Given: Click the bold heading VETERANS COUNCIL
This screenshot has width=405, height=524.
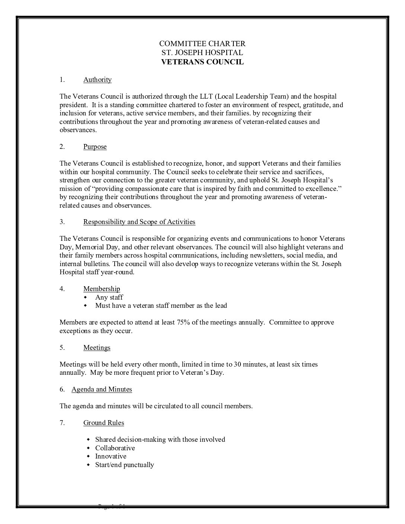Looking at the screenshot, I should pyautogui.click(x=202, y=62).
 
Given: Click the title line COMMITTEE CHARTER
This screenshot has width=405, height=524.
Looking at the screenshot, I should pyautogui.click(x=202, y=44).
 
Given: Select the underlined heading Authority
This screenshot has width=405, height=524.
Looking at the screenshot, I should pyautogui.click(x=97, y=80).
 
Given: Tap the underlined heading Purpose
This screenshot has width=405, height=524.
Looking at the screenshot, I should pyautogui.click(x=95, y=147).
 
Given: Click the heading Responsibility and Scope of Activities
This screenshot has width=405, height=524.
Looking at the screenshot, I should pyautogui.click(x=139, y=222).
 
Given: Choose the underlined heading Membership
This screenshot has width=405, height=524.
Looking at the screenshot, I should pyautogui.click(x=102, y=289).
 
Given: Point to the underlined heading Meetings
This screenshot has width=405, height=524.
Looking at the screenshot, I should pyautogui.click(x=97, y=348).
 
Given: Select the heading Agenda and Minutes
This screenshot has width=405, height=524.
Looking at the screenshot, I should pyautogui.click(x=102, y=389).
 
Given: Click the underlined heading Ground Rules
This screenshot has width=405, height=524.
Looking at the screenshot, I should pyautogui.click(x=103, y=423).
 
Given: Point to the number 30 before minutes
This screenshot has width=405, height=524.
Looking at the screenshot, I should pyautogui.click(x=233, y=364).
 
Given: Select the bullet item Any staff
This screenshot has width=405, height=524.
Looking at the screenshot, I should pyautogui.click(x=109, y=297).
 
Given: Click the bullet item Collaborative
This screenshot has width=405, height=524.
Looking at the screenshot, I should pyautogui.click(x=115, y=448).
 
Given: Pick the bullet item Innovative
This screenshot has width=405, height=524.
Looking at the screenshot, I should pyautogui.click(x=111, y=456).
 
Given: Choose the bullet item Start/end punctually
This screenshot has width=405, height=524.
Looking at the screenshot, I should pyautogui.click(x=124, y=465).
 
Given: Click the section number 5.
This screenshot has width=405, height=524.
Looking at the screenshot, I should pyautogui.click(x=62, y=348).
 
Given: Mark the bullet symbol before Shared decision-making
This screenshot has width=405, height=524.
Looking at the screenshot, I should pyautogui.click(x=88, y=440).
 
